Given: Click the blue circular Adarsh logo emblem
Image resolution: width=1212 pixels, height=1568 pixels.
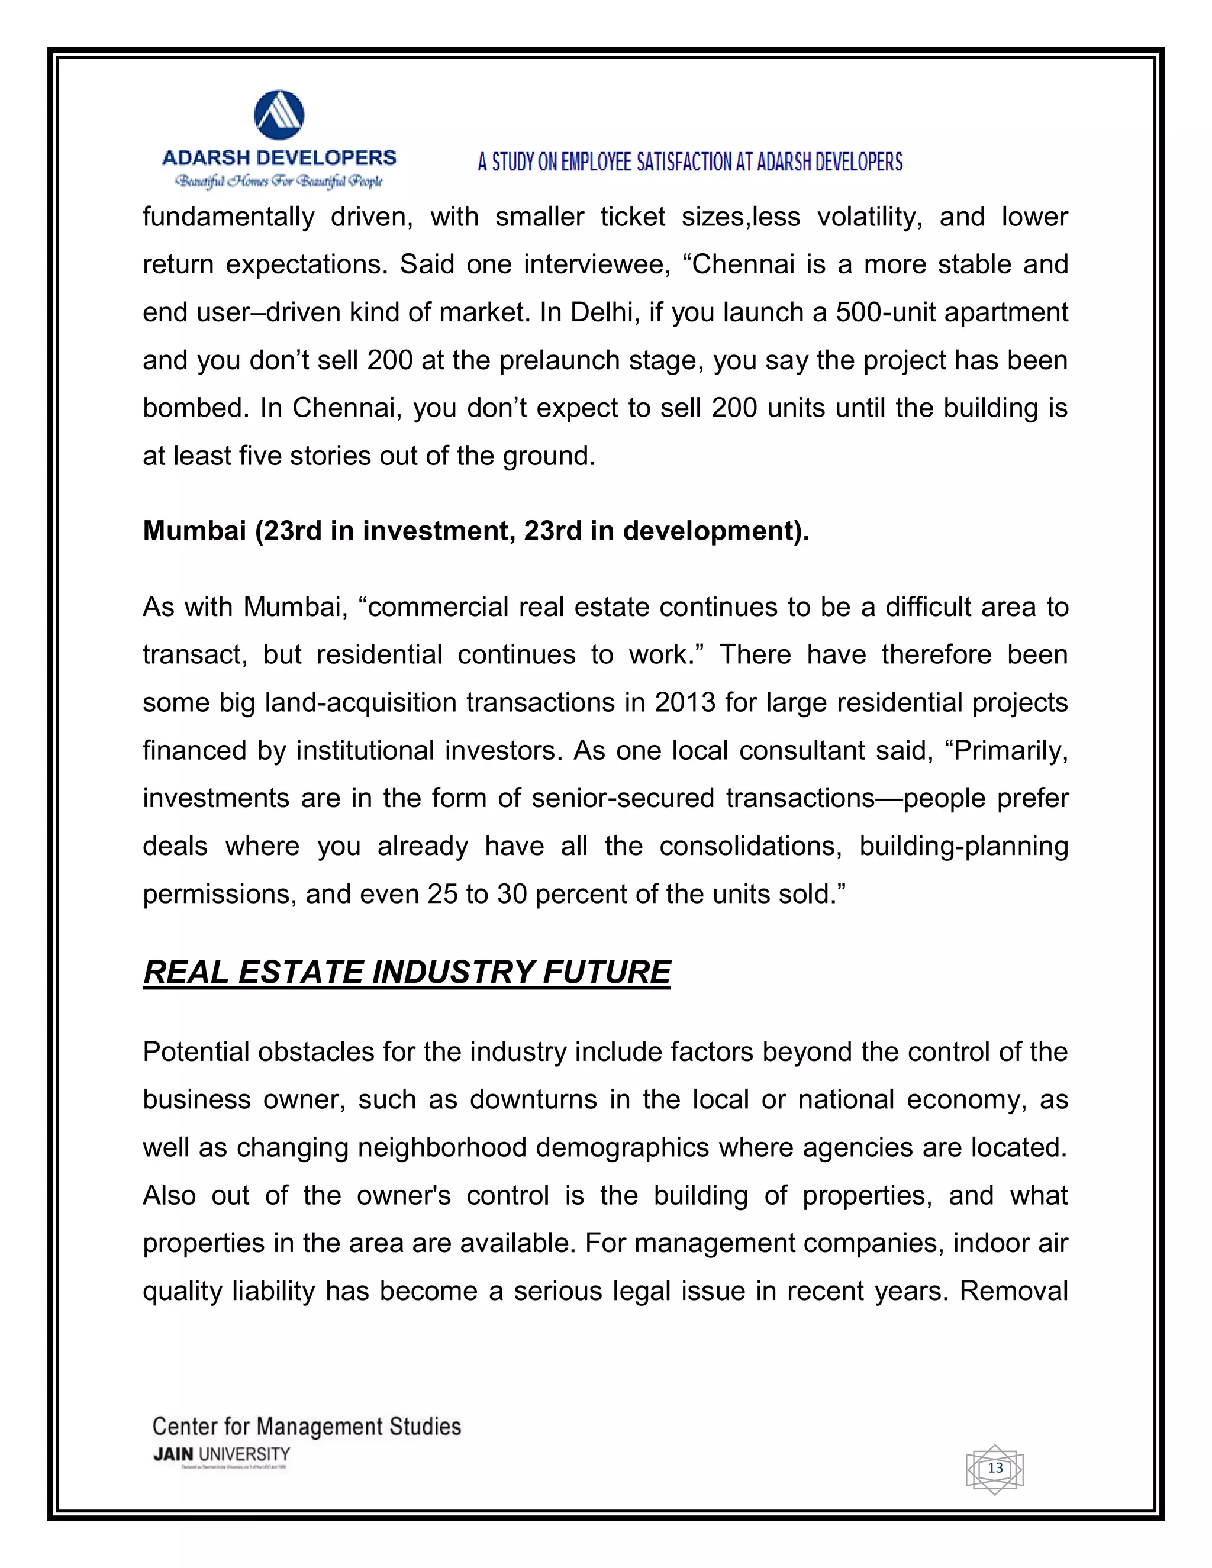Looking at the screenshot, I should click(279, 115).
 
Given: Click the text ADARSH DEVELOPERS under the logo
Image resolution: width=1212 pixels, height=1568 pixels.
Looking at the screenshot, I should click(279, 158).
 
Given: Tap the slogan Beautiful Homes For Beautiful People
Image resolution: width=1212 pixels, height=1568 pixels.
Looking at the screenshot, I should click(279, 181).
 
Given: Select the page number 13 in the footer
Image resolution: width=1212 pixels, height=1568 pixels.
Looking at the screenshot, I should click(995, 1467).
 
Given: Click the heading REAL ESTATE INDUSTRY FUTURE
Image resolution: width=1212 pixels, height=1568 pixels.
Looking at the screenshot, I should click(407, 972).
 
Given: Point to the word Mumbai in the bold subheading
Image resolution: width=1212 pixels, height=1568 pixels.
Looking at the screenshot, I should click(194, 531).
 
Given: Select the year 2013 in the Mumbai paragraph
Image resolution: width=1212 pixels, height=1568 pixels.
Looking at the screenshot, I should click(685, 702).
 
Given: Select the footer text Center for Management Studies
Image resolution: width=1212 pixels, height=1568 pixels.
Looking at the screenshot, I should click(307, 1426).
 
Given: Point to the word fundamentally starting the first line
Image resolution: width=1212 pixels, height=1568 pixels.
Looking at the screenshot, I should click(228, 217).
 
